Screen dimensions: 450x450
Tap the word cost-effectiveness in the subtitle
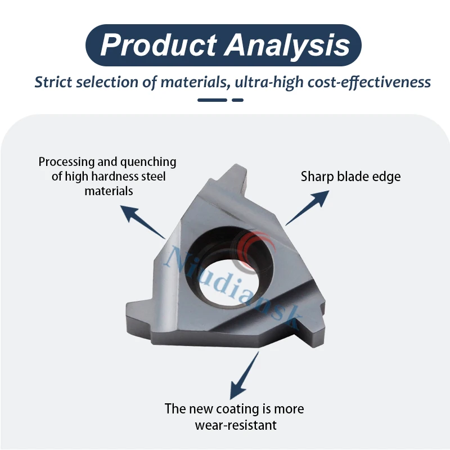click(370, 82)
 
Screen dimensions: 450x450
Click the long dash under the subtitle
click(212, 100)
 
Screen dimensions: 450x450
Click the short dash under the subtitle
click(237, 100)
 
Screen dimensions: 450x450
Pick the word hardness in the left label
click(114, 177)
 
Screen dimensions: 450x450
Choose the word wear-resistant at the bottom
click(236, 425)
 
